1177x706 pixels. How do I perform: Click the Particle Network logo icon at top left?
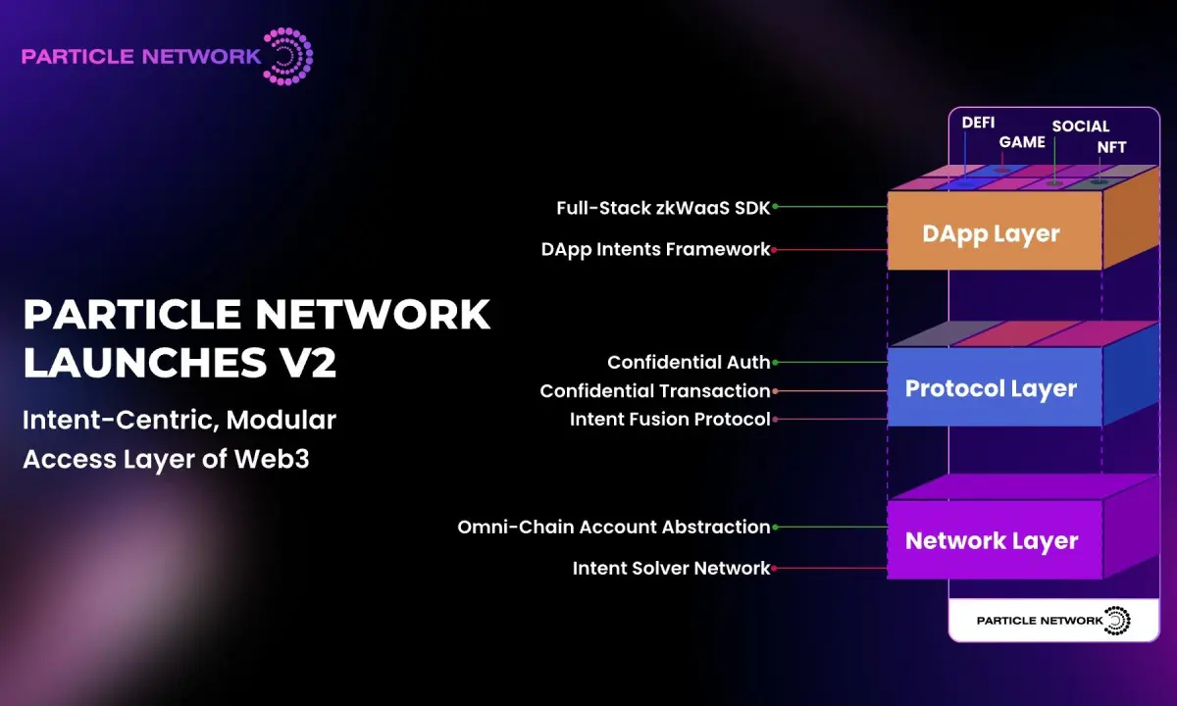click(288, 55)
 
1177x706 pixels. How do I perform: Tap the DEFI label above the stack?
click(977, 123)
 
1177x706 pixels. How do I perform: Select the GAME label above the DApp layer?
click(1022, 142)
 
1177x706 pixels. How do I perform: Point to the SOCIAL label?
click(1080, 126)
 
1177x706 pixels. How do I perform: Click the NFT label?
click(1111, 147)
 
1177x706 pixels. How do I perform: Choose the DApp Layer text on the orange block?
click(991, 233)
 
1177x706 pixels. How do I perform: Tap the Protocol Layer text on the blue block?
click(991, 388)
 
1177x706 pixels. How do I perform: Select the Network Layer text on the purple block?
click(991, 540)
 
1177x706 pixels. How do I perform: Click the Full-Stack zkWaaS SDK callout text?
click(663, 207)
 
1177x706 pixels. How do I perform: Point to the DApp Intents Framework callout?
click(655, 249)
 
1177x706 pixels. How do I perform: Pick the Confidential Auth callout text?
click(689, 362)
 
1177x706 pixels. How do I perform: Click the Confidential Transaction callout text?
click(655, 390)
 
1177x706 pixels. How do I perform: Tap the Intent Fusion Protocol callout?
click(670, 419)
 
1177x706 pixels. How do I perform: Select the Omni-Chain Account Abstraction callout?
click(614, 527)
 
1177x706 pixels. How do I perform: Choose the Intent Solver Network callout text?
click(672, 568)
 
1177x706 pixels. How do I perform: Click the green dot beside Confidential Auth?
click(775, 362)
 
